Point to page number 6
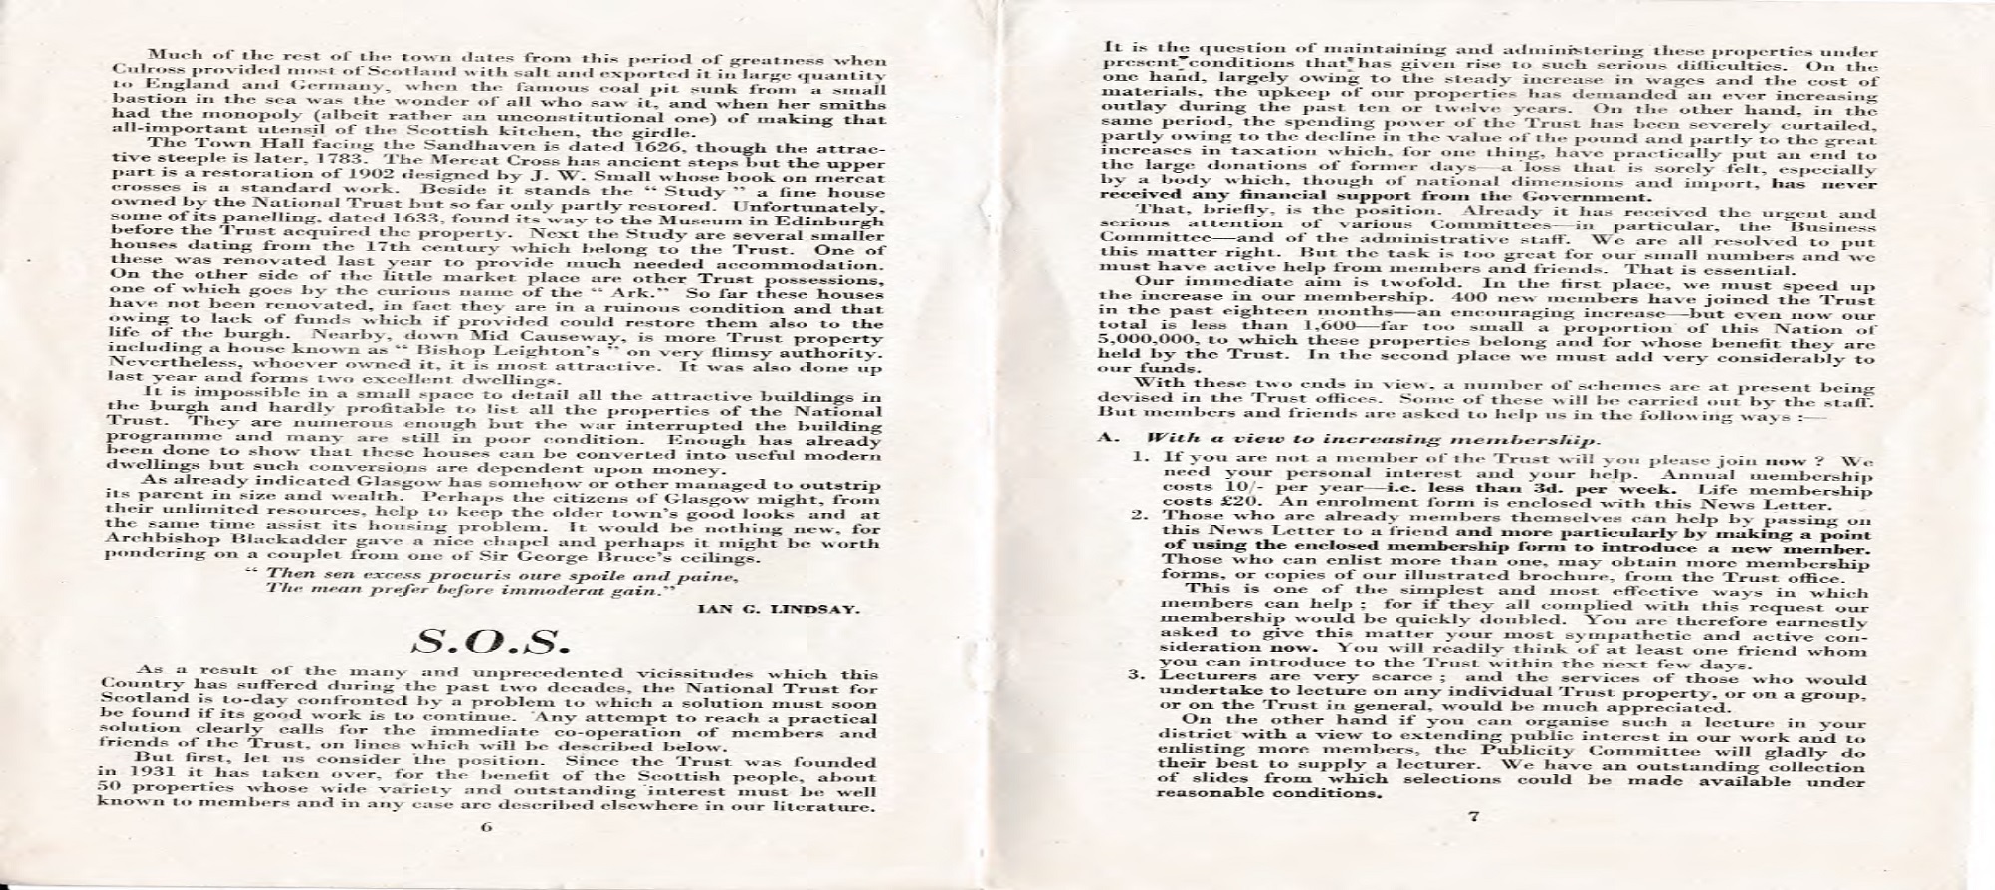tap(487, 827)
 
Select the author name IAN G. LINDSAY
tap(778, 607)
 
